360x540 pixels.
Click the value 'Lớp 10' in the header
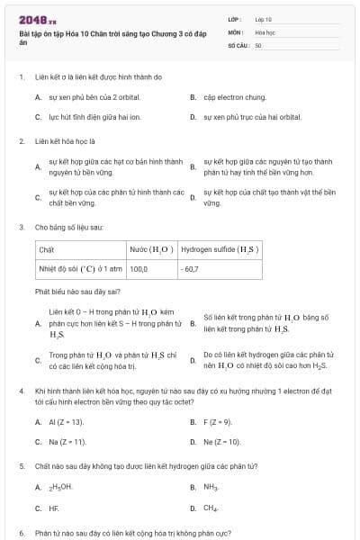point(264,19)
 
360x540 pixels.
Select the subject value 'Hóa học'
point(265,31)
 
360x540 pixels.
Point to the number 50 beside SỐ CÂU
point(258,44)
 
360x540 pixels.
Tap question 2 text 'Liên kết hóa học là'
point(70,141)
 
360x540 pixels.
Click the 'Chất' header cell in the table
point(48,248)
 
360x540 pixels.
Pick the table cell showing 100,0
point(139,268)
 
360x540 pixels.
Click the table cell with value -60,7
point(190,268)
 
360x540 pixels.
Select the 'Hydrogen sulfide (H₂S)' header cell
point(220,248)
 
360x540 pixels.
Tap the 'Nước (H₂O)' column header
point(150,248)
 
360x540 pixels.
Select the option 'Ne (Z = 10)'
point(222,442)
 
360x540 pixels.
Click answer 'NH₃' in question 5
point(211,487)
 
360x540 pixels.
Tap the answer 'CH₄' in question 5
point(211,508)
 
